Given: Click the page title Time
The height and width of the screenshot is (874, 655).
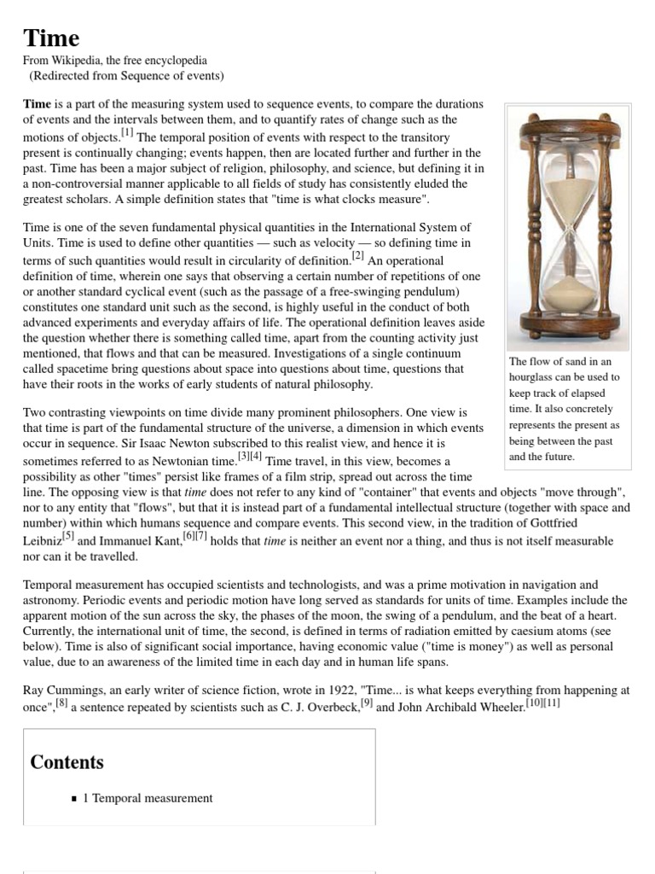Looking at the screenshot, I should (x=51, y=38).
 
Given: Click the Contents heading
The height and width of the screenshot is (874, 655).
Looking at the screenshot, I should (x=67, y=762).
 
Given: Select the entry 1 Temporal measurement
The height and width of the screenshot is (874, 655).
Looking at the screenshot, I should (x=148, y=798).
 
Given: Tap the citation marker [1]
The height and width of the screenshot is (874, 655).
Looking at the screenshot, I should (x=127, y=132).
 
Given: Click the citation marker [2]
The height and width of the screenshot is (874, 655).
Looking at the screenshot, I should (x=357, y=255).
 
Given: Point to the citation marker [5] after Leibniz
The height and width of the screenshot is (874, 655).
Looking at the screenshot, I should (x=68, y=537).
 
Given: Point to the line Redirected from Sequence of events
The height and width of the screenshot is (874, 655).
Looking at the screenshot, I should (x=126, y=76).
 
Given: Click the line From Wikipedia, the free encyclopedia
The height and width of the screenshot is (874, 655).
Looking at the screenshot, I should (x=114, y=61).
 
